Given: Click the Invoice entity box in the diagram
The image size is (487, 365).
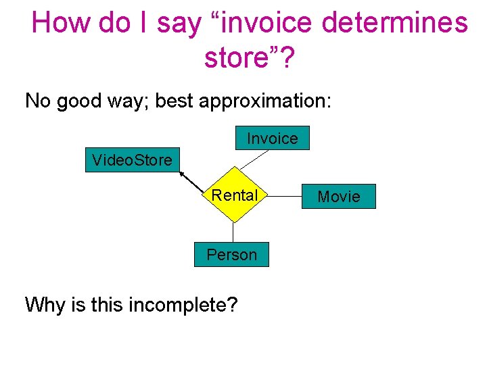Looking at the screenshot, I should [272, 138].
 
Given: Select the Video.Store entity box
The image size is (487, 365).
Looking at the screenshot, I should [133, 160].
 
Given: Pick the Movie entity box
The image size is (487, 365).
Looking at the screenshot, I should [339, 196].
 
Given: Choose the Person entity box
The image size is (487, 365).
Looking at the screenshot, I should [231, 255].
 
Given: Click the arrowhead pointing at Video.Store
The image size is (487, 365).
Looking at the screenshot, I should [183, 173].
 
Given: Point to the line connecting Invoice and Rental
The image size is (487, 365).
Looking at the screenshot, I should [253, 160].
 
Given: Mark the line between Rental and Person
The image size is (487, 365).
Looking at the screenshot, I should [233, 233].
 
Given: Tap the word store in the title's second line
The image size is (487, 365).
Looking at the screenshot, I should [239, 58].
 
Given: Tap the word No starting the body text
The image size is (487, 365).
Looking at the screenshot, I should [38, 101].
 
